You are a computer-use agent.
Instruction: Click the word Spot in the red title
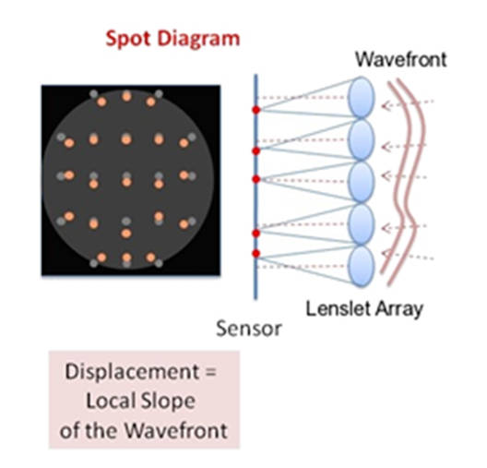pyautogui.click(x=128, y=40)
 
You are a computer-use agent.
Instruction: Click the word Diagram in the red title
pyautogui.click(x=199, y=39)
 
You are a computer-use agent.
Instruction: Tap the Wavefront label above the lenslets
pyautogui.click(x=400, y=59)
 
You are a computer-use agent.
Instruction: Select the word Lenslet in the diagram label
pyautogui.click(x=338, y=308)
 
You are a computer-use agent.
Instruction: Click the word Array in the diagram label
pyautogui.click(x=399, y=310)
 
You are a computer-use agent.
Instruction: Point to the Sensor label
pyautogui.click(x=249, y=329)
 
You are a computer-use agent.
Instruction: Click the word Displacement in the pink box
pyautogui.click(x=132, y=372)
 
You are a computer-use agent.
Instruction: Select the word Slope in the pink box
pyautogui.click(x=168, y=402)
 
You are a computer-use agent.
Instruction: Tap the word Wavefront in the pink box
pyautogui.click(x=176, y=430)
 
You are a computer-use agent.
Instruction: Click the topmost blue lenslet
pyautogui.click(x=361, y=97)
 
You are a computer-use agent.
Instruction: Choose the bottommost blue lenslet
pyautogui.click(x=361, y=266)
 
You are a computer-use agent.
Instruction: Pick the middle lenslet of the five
pyautogui.click(x=361, y=182)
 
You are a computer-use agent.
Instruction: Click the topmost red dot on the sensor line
pyautogui.click(x=255, y=110)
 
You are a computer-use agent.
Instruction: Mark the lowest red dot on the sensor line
pyautogui.click(x=255, y=254)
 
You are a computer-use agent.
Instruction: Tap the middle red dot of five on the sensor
pyautogui.click(x=255, y=179)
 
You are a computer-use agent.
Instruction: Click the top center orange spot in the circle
pyautogui.click(x=126, y=96)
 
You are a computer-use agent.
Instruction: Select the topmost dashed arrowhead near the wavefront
pyautogui.click(x=386, y=106)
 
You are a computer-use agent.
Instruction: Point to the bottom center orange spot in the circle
pyautogui.click(x=126, y=258)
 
